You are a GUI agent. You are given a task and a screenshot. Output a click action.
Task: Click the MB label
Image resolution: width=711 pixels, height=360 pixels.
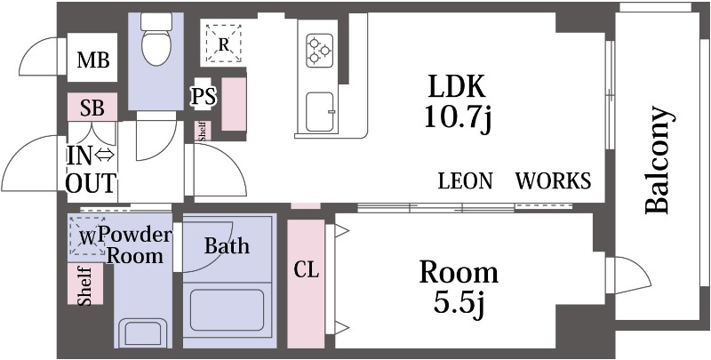point(92,60)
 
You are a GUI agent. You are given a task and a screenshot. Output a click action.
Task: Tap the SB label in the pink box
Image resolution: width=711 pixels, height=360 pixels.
point(92,108)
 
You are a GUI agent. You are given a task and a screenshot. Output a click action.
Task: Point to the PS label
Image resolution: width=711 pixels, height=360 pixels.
point(204,97)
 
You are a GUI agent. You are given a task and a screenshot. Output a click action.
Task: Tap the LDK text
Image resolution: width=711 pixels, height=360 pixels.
point(457,87)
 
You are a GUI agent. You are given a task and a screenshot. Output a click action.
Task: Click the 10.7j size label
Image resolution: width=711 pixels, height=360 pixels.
point(458,117)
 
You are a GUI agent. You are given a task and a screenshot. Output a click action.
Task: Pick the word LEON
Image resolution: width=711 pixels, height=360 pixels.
point(465,181)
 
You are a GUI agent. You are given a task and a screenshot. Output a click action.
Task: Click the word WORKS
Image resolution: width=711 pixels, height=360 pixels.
point(553,181)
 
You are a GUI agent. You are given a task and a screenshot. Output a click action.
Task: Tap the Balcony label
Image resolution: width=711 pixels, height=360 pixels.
point(657,160)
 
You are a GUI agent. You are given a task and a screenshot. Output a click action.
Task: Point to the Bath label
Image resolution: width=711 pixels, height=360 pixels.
point(227,246)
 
